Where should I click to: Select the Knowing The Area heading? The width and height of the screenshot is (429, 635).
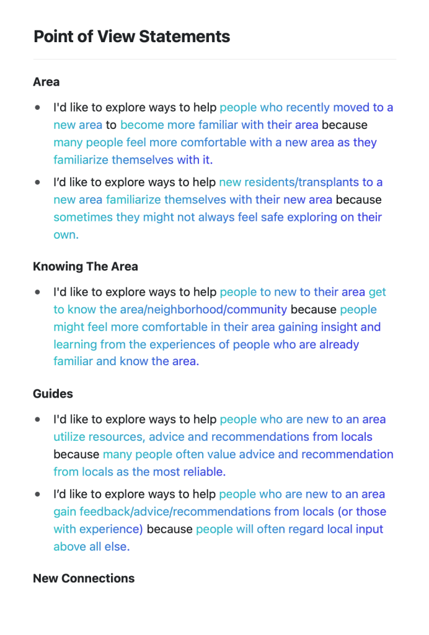click(86, 267)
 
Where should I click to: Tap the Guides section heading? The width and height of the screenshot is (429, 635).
click(53, 394)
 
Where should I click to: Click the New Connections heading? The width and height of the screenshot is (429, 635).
click(84, 579)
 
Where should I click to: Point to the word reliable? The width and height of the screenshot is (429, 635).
click(204, 472)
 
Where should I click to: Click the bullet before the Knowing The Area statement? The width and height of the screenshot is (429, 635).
click(38, 292)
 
